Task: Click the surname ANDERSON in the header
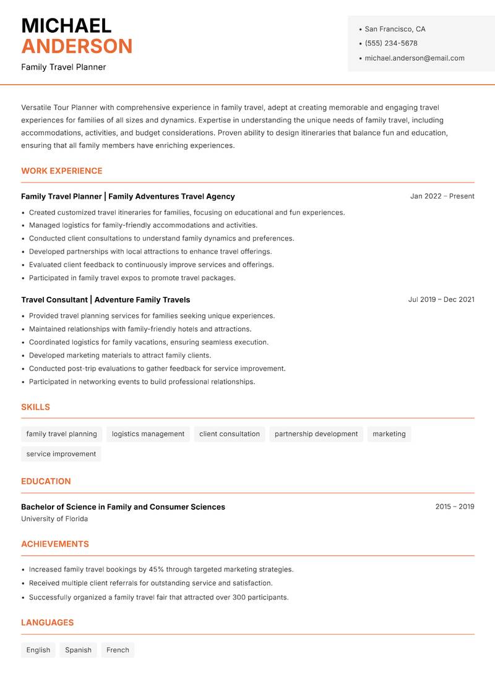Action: pyautogui.click(x=77, y=46)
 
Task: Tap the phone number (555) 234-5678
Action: pyautogui.click(x=391, y=43)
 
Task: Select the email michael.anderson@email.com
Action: pyautogui.click(x=415, y=58)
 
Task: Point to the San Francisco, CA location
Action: pyautogui.click(x=395, y=29)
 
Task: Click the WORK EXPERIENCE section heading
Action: pyautogui.click(x=62, y=171)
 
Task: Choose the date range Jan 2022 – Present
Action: pyautogui.click(x=442, y=196)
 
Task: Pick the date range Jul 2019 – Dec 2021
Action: pyautogui.click(x=441, y=299)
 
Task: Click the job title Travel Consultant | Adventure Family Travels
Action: pyautogui.click(x=106, y=299)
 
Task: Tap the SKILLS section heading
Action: pyautogui.click(x=35, y=407)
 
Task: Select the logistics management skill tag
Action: pyautogui.click(x=148, y=434)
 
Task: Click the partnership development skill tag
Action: pyautogui.click(x=316, y=434)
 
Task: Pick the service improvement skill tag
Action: pyautogui.click(x=61, y=454)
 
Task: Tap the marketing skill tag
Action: pyautogui.click(x=389, y=434)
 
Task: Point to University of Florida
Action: pyautogui.click(x=54, y=519)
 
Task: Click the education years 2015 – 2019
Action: pyautogui.click(x=454, y=507)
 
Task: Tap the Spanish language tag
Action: pyautogui.click(x=78, y=650)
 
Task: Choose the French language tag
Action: pyautogui.click(x=118, y=650)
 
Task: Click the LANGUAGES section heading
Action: pyautogui.click(x=47, y=622)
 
